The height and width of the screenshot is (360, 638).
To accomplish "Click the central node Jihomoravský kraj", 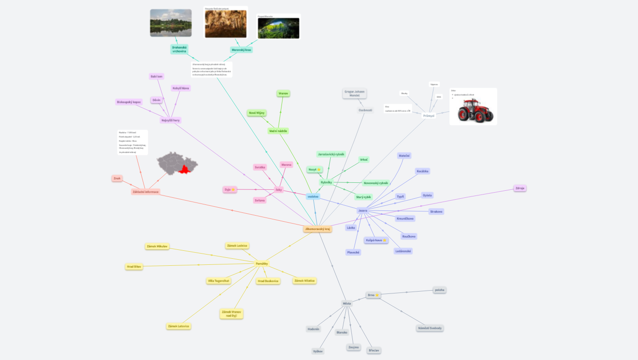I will click(318, 229).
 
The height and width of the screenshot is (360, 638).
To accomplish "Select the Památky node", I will click(262, 264).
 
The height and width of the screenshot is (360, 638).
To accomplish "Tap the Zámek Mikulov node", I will click(157, 246).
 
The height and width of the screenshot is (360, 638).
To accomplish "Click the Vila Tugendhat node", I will click(219, 281).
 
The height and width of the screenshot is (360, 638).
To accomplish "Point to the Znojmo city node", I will click(353, 347).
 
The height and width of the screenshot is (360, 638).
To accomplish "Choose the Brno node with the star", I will click(373, 295).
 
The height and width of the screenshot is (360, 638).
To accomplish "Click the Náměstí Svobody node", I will click(430, 328).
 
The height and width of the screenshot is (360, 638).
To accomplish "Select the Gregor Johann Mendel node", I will click(355, 93).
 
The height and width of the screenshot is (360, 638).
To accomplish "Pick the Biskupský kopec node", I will click(129, 102).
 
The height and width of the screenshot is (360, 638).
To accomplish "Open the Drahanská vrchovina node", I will click(179, 49).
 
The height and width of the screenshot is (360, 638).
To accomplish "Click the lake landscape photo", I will click(171, 23).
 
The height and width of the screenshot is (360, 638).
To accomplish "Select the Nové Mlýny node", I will click(257, 113).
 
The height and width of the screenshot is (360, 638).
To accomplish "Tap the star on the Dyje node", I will click(233, 189).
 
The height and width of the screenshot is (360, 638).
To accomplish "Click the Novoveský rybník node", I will click(376, 183).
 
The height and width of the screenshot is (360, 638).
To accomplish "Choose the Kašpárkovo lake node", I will click(376, 240).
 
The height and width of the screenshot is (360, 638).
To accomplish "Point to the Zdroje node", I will click(520, 188).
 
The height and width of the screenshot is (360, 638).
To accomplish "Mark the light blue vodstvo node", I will click(313, 196).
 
